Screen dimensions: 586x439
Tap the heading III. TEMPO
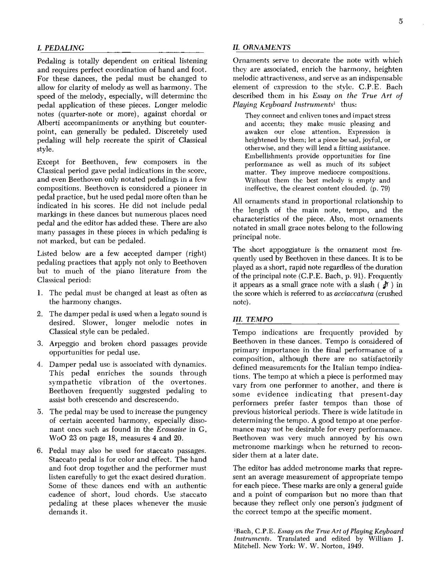tap(253, 319)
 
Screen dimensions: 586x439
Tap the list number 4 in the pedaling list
tap(39, 364)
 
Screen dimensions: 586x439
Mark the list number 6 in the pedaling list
tap(39, 451)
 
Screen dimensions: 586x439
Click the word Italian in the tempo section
tap(339, 368)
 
